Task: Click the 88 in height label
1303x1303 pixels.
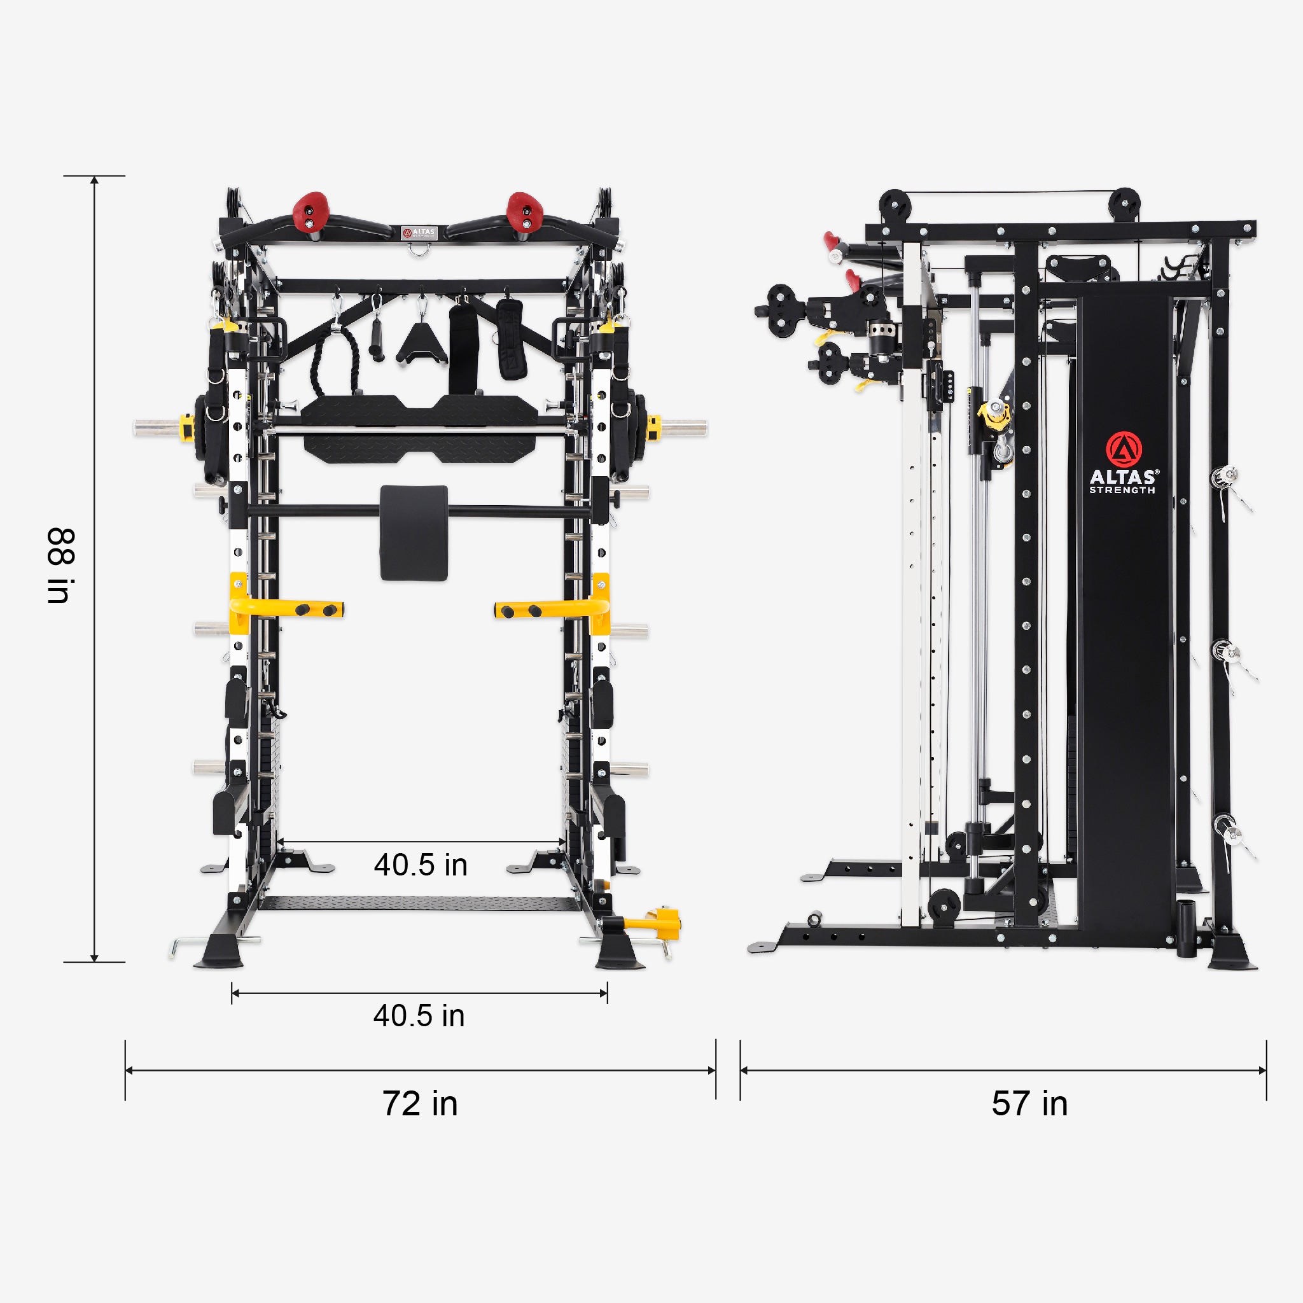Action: click(60, 565)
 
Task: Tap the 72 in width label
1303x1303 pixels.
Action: click(419, 1104)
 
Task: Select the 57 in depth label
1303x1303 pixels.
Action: click(1029, 1104)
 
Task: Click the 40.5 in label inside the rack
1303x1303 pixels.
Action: click(420, 865)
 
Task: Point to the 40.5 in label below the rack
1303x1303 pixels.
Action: click(419, 1015)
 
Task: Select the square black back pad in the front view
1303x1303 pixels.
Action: click(414, 532)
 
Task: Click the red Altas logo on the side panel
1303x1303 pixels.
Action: click(1124, 449)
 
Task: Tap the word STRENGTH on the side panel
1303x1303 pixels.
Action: click(1122, 491)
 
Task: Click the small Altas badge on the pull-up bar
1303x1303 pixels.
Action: click(419, 233)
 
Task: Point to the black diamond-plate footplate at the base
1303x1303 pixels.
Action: click(419, 903)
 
